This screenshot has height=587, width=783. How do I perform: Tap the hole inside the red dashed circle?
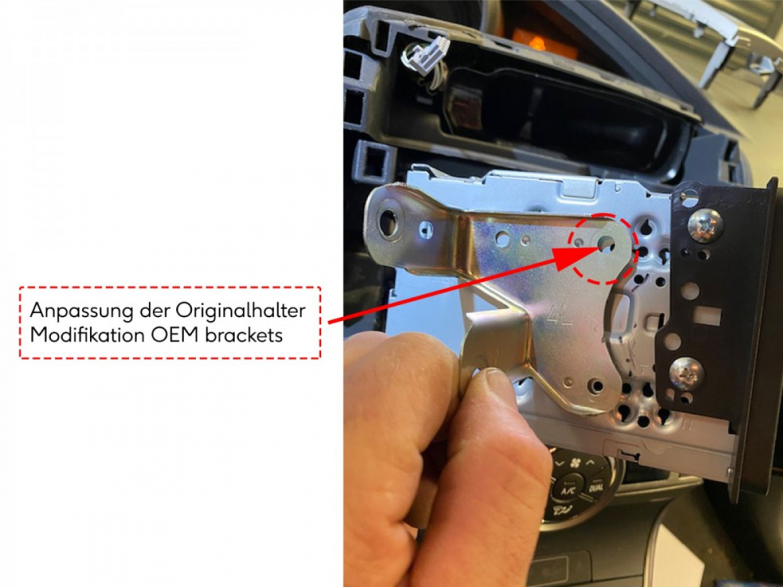(x=605, y=244)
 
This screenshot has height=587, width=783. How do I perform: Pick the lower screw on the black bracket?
(x=686, y=373)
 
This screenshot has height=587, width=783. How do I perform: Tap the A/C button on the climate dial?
(x=568, y=486)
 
